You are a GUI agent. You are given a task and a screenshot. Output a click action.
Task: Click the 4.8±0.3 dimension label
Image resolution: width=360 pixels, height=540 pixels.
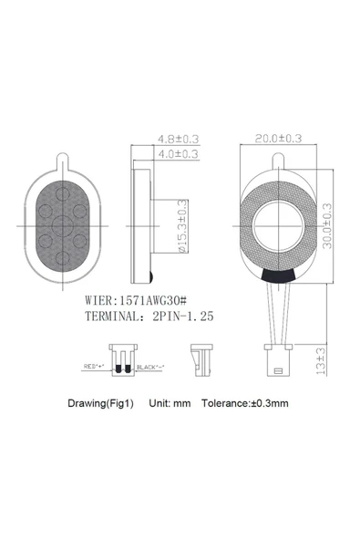[179, 139]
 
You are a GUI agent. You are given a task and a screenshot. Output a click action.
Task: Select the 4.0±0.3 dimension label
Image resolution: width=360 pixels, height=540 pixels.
[179, 155]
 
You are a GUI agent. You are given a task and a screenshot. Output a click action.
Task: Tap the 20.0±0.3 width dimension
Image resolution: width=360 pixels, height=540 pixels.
[278, 139]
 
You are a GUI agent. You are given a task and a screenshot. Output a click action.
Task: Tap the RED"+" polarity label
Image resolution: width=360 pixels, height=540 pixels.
[95, 367]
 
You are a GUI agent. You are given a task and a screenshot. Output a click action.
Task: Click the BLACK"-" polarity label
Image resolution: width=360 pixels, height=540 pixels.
[149, 367]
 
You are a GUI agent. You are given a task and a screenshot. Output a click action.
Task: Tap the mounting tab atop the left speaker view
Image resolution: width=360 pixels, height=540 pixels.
[62, 161]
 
